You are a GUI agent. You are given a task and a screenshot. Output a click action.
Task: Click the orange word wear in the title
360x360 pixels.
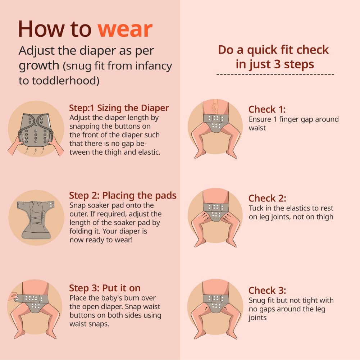coord(125,29)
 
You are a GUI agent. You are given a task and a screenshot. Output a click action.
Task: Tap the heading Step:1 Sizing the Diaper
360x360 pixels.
coord(119,108)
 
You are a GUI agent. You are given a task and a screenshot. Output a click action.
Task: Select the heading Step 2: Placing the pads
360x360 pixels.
coord(123,196)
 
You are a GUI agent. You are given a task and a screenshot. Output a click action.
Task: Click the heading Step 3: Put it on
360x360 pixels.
coord(105,288)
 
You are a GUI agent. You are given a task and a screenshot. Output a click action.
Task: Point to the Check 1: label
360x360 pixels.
coord(267,109)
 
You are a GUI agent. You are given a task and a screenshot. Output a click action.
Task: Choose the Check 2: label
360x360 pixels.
coord(267,198)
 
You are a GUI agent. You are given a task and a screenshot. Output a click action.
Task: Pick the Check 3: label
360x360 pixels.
coord(267,291)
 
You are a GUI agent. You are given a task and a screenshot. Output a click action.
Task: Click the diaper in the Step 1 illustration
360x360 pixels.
coord(36,130)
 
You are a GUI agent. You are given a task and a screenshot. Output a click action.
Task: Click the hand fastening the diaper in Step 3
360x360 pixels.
coord(13,297)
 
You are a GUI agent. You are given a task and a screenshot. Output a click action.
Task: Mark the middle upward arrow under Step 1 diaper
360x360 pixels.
coord(35,151)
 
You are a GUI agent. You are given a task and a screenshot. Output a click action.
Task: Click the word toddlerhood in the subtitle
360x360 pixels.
coord(65,81)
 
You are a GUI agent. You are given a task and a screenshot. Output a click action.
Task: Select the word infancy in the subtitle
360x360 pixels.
coord(153,66)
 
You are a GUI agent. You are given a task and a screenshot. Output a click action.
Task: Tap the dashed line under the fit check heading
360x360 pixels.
coord(275,74)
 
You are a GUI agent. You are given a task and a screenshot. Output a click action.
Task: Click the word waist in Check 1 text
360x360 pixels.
coord(257,128)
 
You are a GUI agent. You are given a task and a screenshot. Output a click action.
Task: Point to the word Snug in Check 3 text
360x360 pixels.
coord(257,301)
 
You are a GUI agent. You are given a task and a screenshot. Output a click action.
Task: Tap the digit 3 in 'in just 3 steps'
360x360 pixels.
coord(277,64)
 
